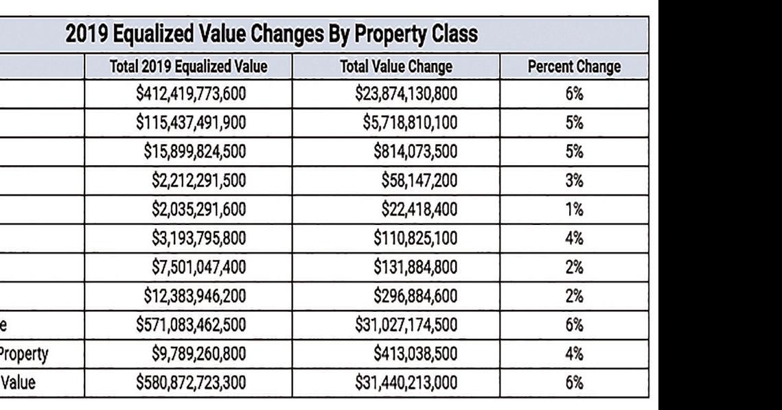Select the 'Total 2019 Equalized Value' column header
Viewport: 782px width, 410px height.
(189, 67)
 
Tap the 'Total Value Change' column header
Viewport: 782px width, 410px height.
(396, 67)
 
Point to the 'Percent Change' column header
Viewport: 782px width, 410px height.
(574, 67)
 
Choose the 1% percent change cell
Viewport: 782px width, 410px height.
(574, 209)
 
